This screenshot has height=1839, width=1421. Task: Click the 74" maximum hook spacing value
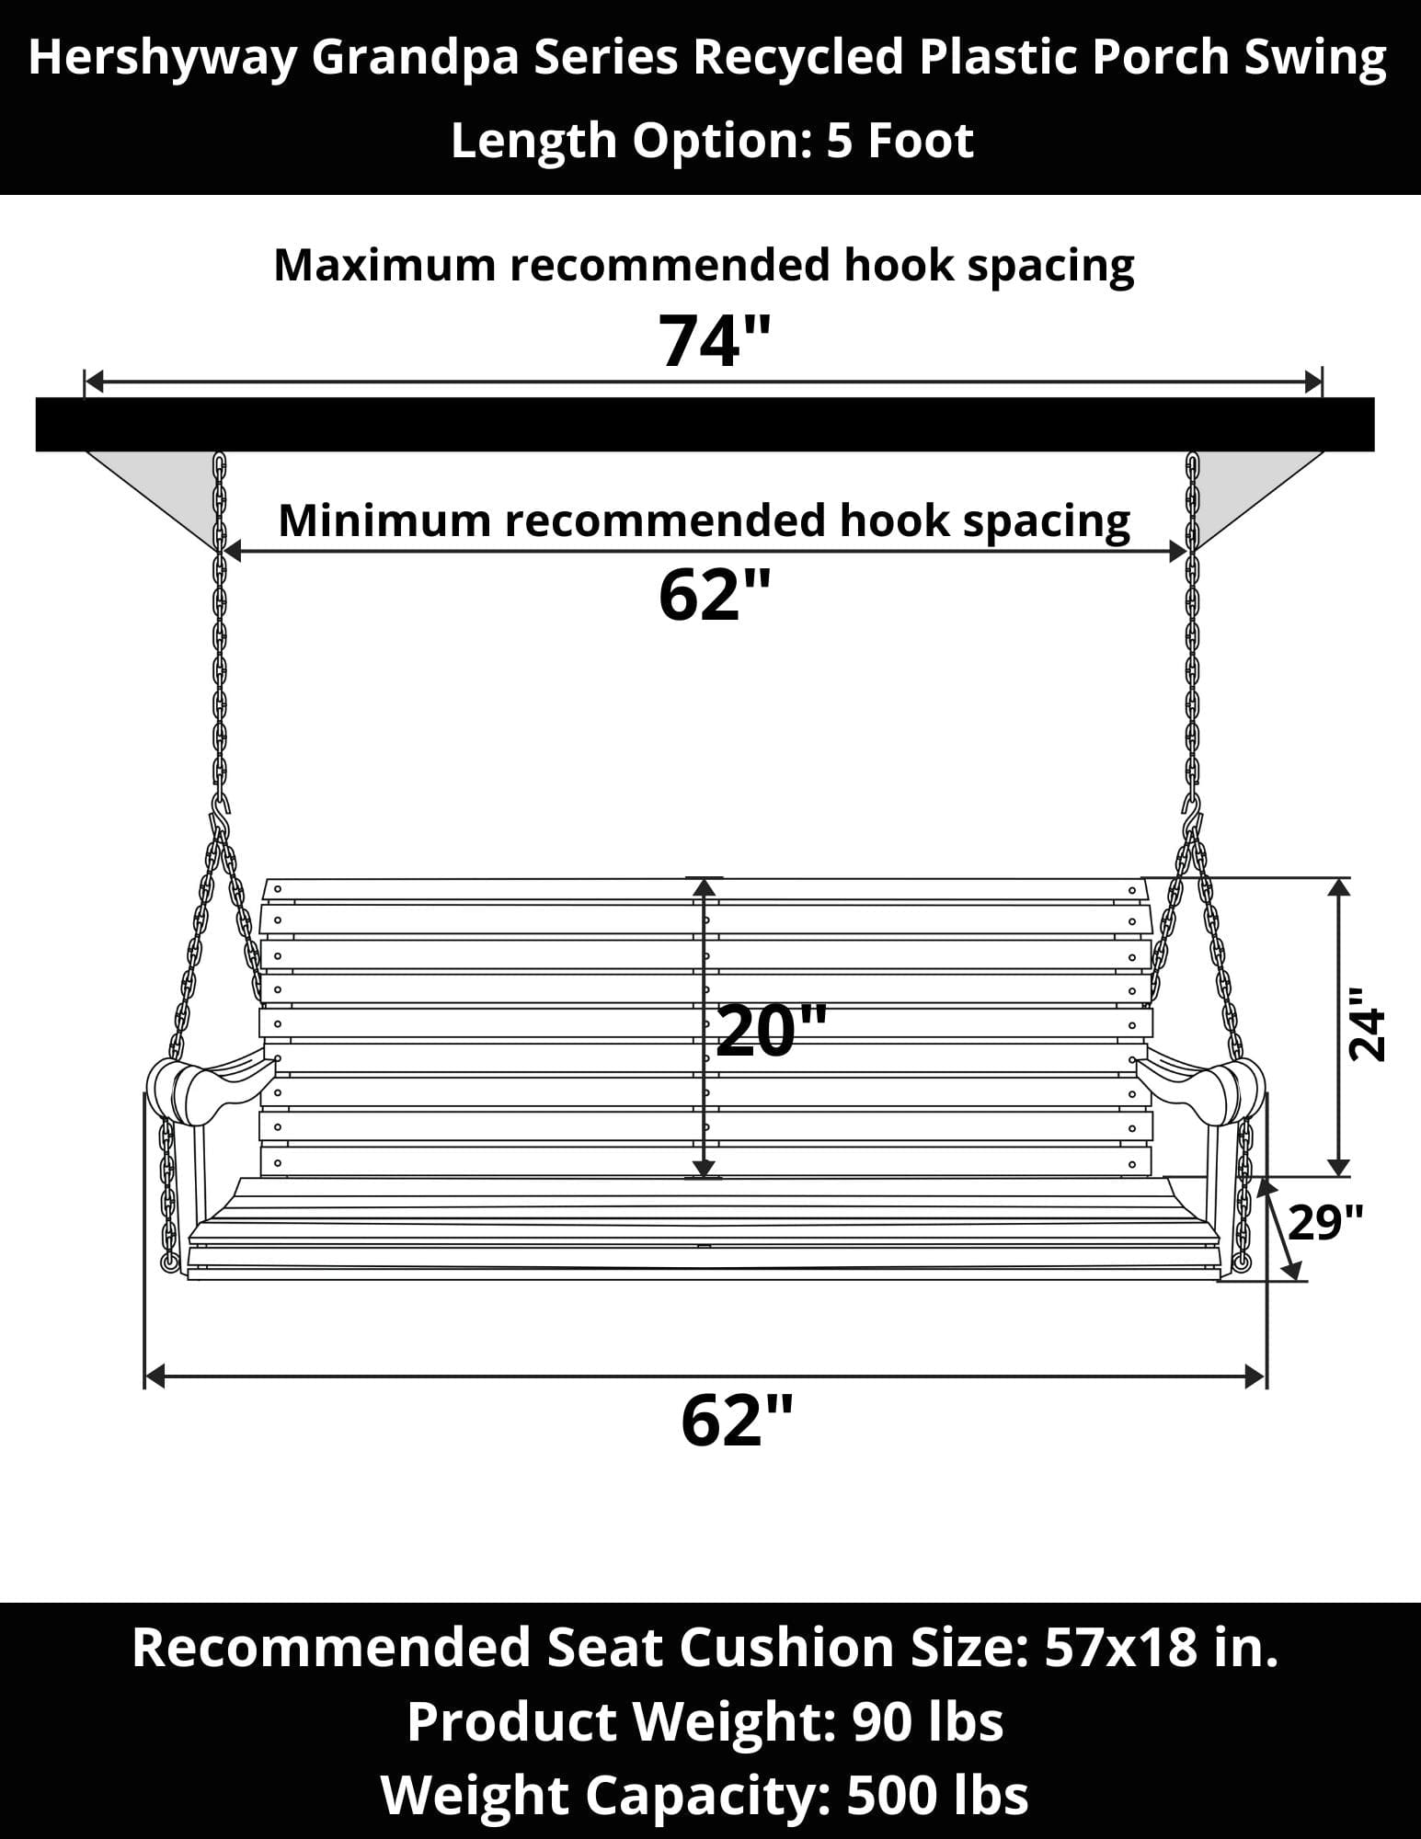pyautogui.click(x=713, y=341)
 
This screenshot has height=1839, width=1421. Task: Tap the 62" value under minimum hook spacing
pyautogui.click(x=713, y=596)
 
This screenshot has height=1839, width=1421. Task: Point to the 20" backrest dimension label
pyautogui.click(x=771, y=1031)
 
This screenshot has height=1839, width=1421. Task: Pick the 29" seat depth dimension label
pyautogui.click(x=1325, y=1222)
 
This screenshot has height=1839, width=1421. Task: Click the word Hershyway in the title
pyautogui.click(x=162, y=58)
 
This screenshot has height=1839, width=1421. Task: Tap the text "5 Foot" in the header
pyautogui.click(x=900, y=141)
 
